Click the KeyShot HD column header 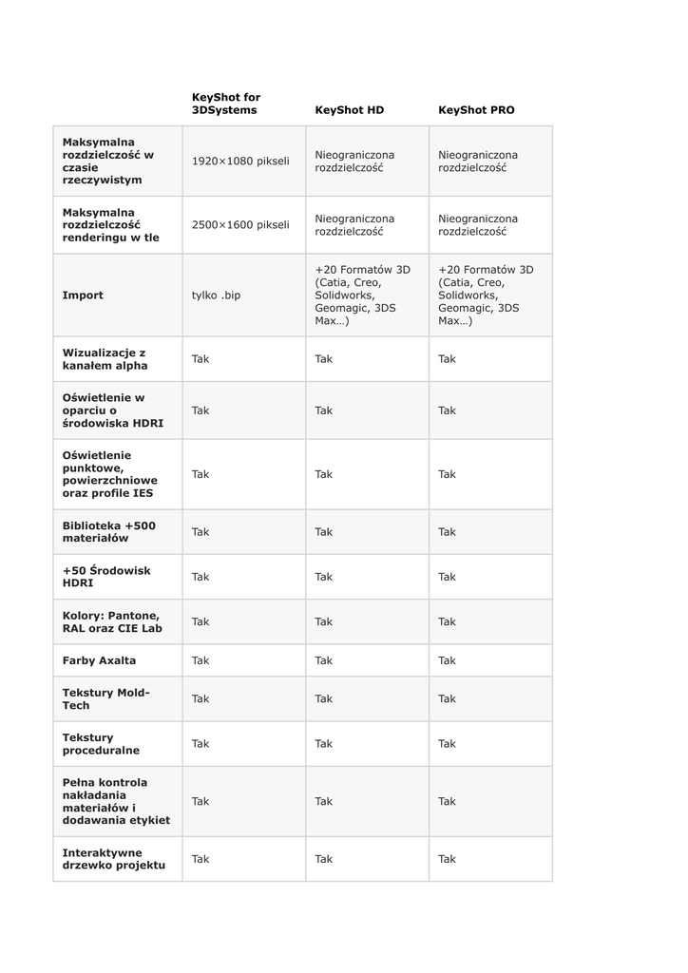click(x=349, y=110)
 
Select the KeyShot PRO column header click(x=476, y=110)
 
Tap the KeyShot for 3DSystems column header click(x=226, y=104)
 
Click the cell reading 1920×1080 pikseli click(x=240, y=162)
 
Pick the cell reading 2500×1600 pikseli click(x=240, y=225)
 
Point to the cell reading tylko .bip click(x=217, y=296)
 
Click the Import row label click(x=83, y=296)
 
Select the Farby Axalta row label click(x=99, y=660)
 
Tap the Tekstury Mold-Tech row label click(x=106, y=698)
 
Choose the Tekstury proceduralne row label click(x=101, y=744)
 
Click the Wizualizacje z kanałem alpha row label click(x=105, y=359)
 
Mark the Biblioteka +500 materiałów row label click(x=108, y=532)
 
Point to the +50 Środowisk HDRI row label click(x=106, y=577)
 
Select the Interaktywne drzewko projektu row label click(x=114, y=859)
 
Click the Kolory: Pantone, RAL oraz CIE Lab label click(x=110, y=621)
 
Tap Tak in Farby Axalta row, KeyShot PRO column click(x=447, y=660)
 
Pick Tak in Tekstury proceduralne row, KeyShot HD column click(x=324, y=744)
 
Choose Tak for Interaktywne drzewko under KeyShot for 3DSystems click(x=201, y=859)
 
